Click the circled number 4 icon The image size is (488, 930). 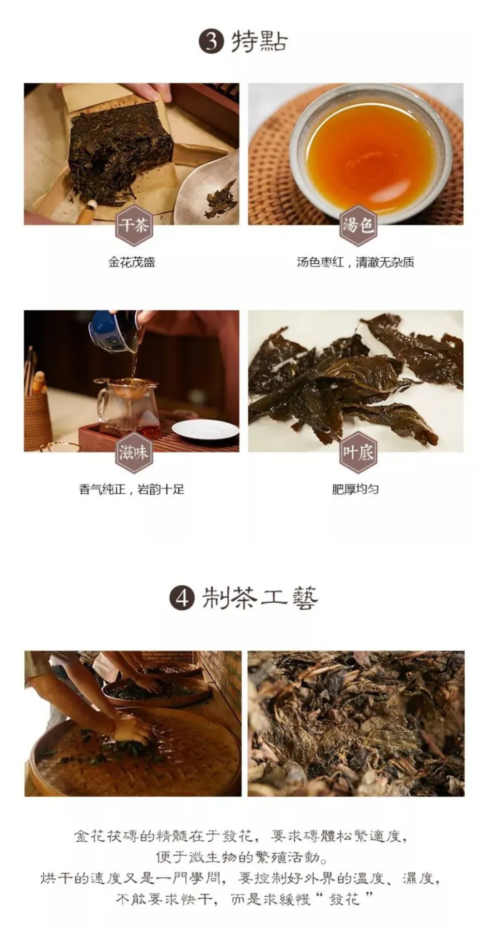point(182,598)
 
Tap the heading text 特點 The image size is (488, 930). point(259,41)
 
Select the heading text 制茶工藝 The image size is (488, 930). point(259,598)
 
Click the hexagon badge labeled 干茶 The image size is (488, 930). point(134,226)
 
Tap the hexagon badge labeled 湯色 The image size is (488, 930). point(358,226)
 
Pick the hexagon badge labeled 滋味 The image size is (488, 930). point(134,452)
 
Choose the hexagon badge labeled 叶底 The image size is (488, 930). point(358,452)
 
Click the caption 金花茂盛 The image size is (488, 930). point(131,262)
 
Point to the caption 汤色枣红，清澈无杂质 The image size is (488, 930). point(355,262)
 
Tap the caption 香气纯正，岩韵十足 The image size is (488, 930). point(131,489)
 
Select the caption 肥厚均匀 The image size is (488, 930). point(355,489)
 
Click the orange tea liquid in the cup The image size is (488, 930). point(370,157)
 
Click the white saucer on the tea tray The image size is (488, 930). point(205,429)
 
